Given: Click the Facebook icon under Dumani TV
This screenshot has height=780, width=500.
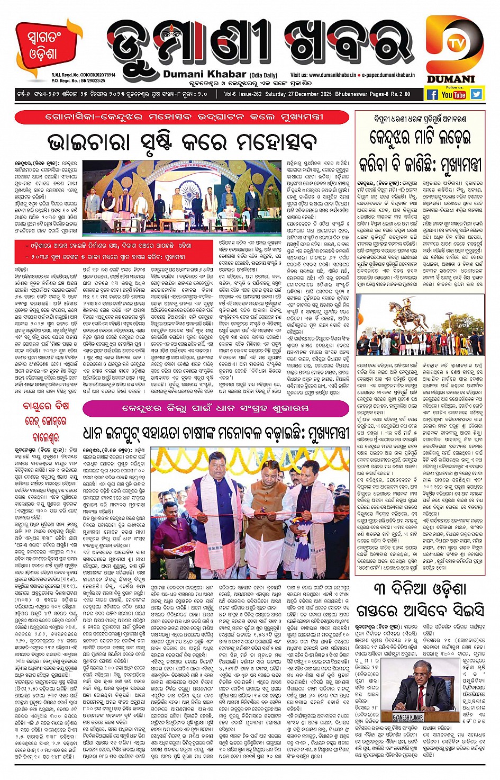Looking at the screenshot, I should point(432,95).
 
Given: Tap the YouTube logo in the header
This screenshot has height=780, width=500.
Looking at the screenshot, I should point(454,95).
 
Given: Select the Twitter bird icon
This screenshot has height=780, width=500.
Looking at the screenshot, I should point(477,94).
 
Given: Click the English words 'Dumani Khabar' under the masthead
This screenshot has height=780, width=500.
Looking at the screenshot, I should point(204,74).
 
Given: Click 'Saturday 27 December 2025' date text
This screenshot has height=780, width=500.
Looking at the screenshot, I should point(306,94).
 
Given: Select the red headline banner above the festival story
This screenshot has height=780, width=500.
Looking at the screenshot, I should point(182,117).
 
